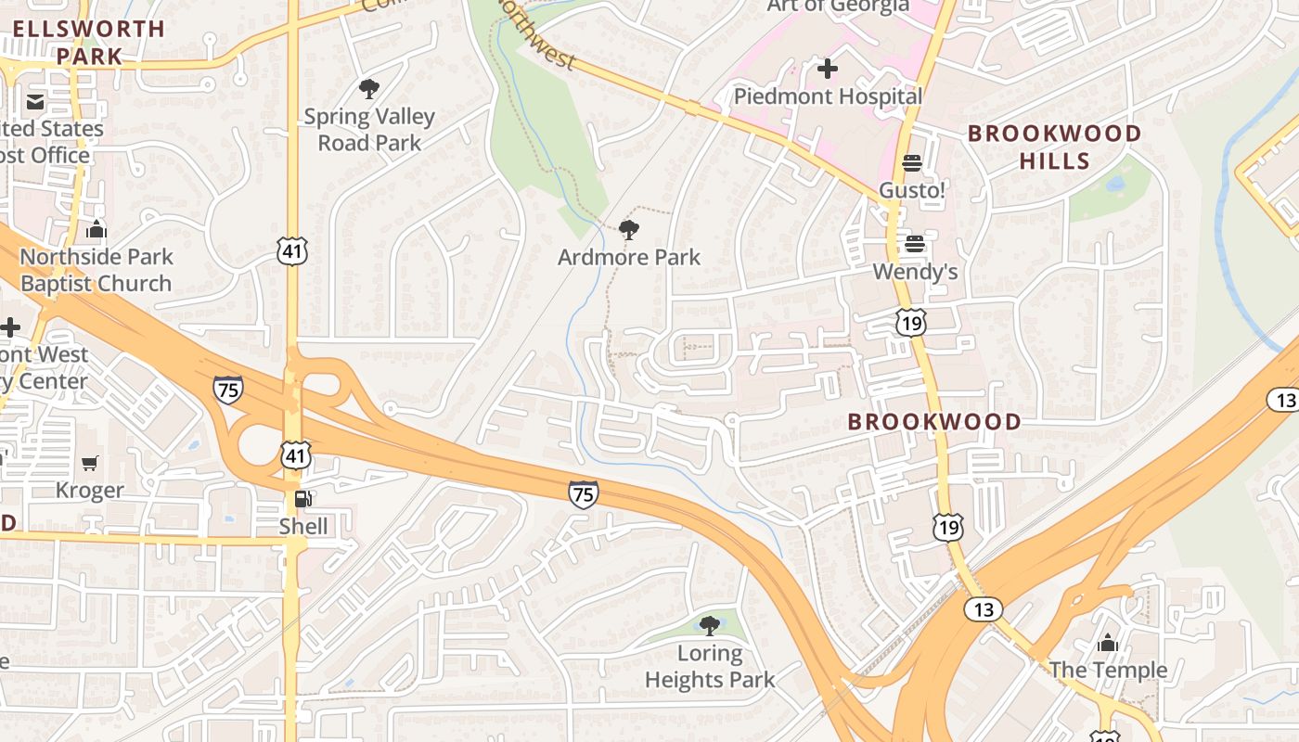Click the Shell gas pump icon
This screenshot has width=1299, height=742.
[x=302, y=499]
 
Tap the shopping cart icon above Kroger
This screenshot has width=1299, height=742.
[x=90, y=463]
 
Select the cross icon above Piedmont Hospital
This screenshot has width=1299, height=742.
[x=827, y=69]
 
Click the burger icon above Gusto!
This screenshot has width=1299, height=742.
[x=911, y=163]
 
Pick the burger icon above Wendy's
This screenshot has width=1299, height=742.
[x=915, y=244]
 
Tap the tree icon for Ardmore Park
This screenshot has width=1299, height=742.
[x=629, y=229]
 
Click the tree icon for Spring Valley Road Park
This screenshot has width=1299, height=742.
[x=369, y=89]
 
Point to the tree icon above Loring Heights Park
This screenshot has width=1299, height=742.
[x=710, y=625]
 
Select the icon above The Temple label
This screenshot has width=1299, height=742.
[x=1107, y=642]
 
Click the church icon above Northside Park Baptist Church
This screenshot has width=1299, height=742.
[x=96, y=230]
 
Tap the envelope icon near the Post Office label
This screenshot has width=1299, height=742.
[x=35, y=101]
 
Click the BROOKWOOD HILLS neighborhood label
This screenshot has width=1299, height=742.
[x=1055, y=147]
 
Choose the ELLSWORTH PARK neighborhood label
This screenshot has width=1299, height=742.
[x=89, y=42]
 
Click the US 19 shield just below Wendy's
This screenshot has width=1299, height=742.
[x=911, y=322]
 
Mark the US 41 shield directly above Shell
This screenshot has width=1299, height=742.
[x=295, y=455]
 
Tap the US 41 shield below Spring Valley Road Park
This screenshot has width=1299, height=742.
[x=291, y=249]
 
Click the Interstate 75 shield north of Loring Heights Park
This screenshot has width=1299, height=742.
[x=584, y=495]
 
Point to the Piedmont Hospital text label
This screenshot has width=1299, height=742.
[x=828, y=96]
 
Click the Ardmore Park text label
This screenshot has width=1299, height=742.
[x=629, y=257]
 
